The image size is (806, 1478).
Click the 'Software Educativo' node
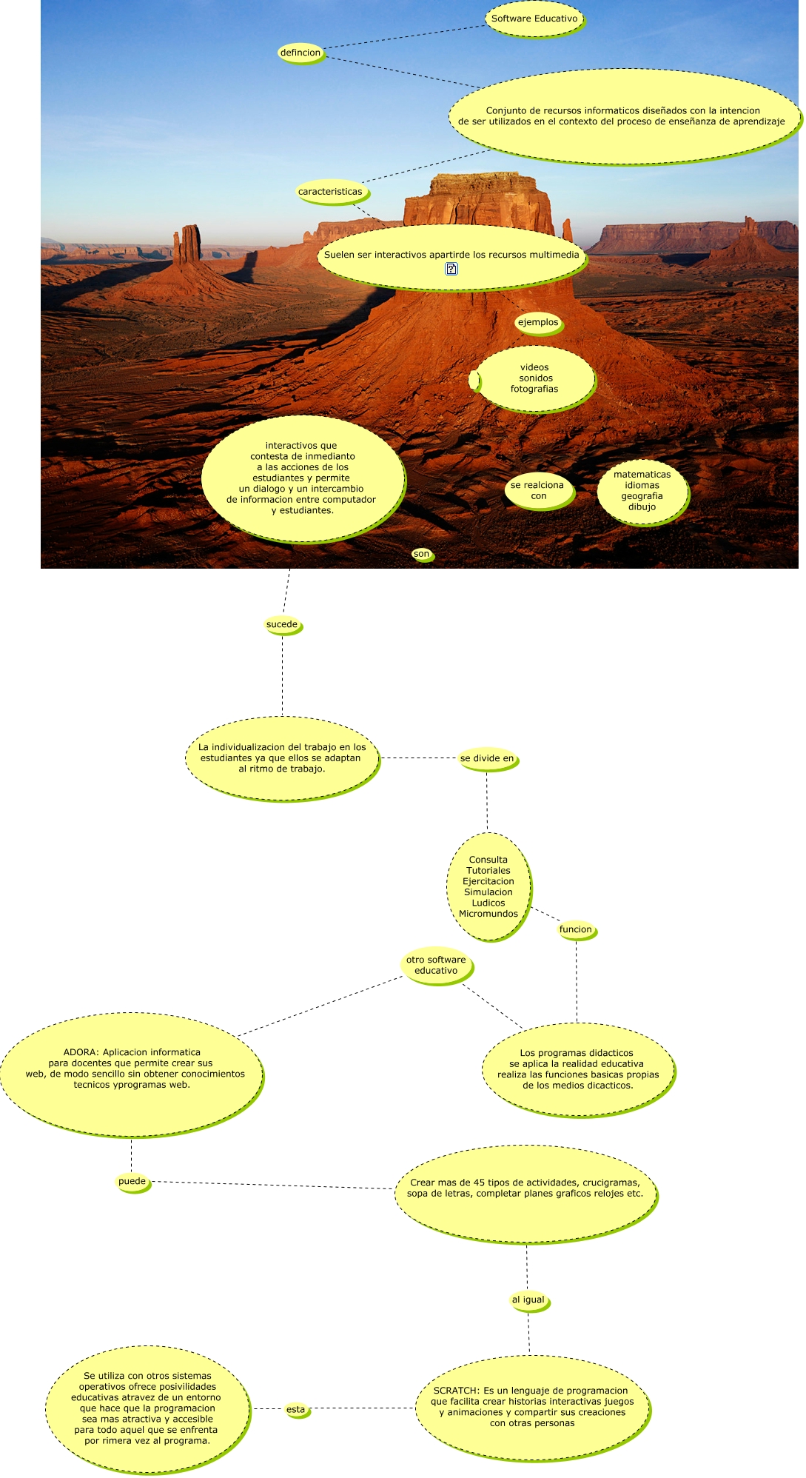[x=534, y=19]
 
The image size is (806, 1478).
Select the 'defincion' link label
[x=300, y=53]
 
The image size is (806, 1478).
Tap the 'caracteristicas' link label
[x=330, y=192]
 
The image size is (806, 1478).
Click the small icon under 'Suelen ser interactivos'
[x=451, y=269]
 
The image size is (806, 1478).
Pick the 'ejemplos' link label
[x=538, y=322]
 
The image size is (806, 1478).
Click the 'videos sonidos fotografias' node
[x=534, y=378]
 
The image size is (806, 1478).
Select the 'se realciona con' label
[x=538, y=491]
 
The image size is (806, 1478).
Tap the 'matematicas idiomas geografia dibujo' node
[x=642, y=491]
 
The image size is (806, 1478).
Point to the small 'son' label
[x=421, y=554]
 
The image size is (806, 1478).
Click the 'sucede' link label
[x=282, y=624]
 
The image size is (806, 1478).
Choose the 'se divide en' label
[x=487, y=758]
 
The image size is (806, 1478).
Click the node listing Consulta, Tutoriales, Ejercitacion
[x=488, y=886]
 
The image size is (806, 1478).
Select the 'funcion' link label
[x=576, y=929]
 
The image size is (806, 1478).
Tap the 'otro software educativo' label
[x=436, y=965]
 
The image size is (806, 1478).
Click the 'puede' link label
[x=132, y=1181]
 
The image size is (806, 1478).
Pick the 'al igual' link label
[x=528, y=1300]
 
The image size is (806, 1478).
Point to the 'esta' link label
[x=295, y=1409]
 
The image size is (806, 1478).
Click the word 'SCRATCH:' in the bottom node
[x=457, y=1391]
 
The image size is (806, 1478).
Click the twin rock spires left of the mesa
[x=187, y=244]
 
